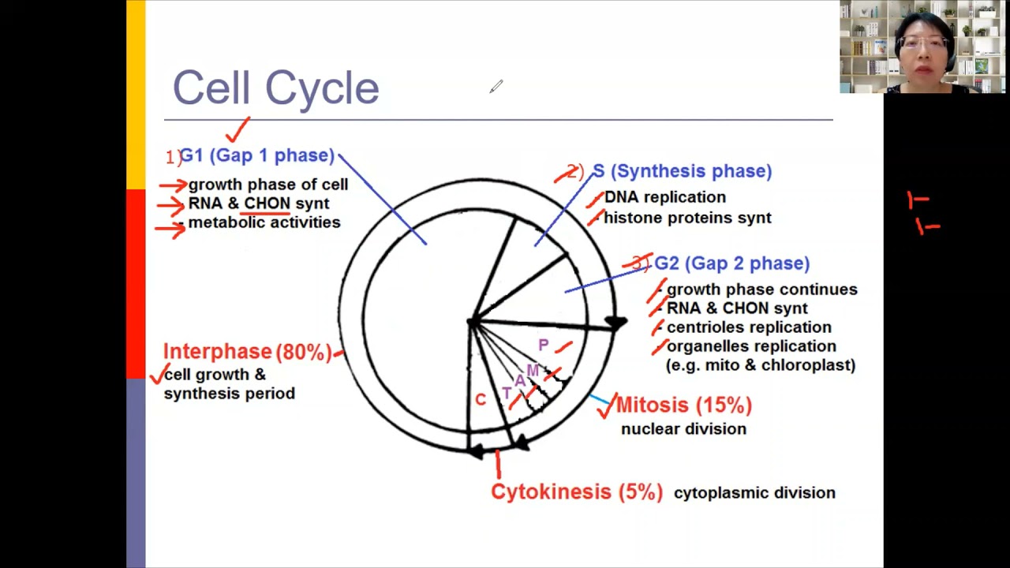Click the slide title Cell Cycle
click(x=275, y=88)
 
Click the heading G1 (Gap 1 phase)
click(x=257, y=155)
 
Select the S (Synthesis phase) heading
click(x=682, y=171)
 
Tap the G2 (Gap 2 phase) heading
click(x=731, y=263)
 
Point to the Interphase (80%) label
click(x=247, y=352)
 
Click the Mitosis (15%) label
click(x=683, y=405)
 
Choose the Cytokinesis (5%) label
click(x=576, y=492)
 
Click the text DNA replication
click(x=664, y=197)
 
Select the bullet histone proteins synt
click(x=686, y=218)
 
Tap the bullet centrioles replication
click(x=748, y=327)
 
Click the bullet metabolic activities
click(x=264, y=222)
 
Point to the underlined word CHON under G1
click(x=267, y=204)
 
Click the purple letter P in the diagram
click(x=543, y=345)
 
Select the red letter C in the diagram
click(x=480, y=400)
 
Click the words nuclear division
click(x=683, y=429)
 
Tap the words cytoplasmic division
click(x=754, y=493)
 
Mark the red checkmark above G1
click(x=238, y=130)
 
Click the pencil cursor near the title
click(x=496, y=87)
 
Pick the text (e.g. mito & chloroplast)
click(x=760, y=365)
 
